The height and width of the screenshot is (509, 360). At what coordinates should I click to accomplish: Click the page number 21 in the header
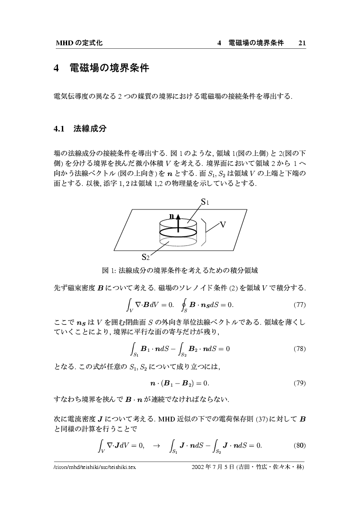(302, 43)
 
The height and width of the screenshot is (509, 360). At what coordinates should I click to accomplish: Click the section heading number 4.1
(59, 129)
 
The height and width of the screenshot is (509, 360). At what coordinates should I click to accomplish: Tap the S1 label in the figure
(205, 202)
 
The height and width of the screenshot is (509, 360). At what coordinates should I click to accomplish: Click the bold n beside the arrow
(172, 216)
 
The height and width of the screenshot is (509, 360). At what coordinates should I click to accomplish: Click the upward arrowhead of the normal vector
(179, 216)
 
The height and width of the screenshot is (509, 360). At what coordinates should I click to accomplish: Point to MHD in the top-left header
(64, 43)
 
